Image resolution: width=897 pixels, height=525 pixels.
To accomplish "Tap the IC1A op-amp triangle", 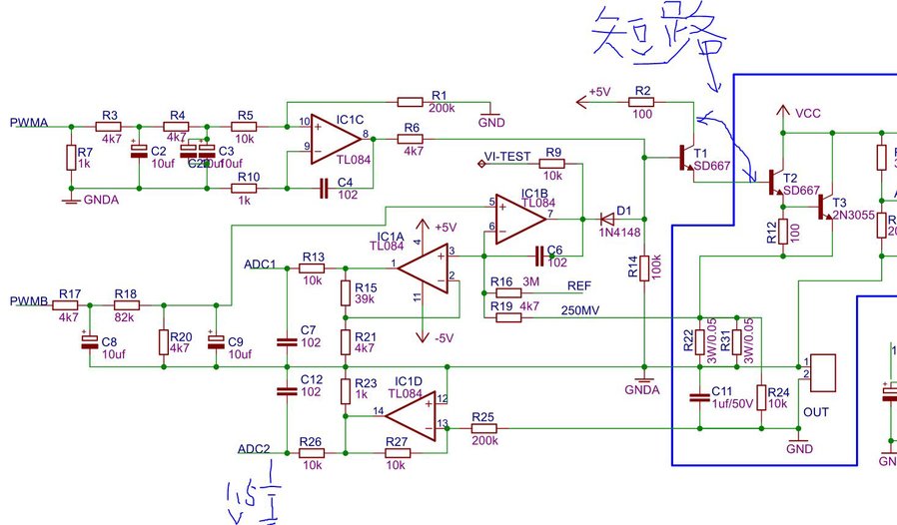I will [x=425, y=266].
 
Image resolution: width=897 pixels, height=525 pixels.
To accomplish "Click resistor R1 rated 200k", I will [x=412, y=101].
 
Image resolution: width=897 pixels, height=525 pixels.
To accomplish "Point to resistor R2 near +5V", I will [x=642, y=101].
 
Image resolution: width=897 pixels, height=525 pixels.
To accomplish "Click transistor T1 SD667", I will [x=685, y=158].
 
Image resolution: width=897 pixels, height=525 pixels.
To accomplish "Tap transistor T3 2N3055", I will [x=825, y=207].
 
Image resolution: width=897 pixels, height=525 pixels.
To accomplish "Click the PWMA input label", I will [x=27, y=123].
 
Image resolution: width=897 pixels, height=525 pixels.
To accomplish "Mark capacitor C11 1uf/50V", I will [x=699, y=398].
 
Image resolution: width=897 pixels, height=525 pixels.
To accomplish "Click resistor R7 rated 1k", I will [x=70, y=158].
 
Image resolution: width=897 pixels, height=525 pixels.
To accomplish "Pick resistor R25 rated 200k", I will [x=483, y=428].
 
